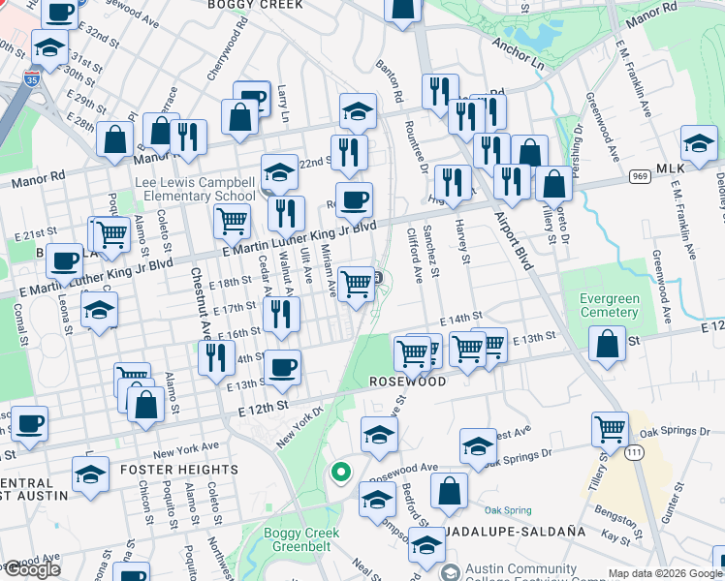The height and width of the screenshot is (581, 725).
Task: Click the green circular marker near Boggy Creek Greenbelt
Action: point(340,474)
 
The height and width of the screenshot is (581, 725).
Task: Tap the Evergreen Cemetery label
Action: point(610,305)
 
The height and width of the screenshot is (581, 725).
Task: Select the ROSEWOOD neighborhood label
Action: point(407,382)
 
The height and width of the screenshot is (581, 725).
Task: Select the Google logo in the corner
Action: point(31,568)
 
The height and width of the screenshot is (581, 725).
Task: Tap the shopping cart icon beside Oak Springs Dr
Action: point(610,427)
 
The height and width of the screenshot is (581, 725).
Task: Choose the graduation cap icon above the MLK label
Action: point(698,142)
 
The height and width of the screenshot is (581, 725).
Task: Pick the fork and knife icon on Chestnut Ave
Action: point(216,356)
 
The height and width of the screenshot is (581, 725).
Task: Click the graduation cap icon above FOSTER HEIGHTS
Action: point(91,475)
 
